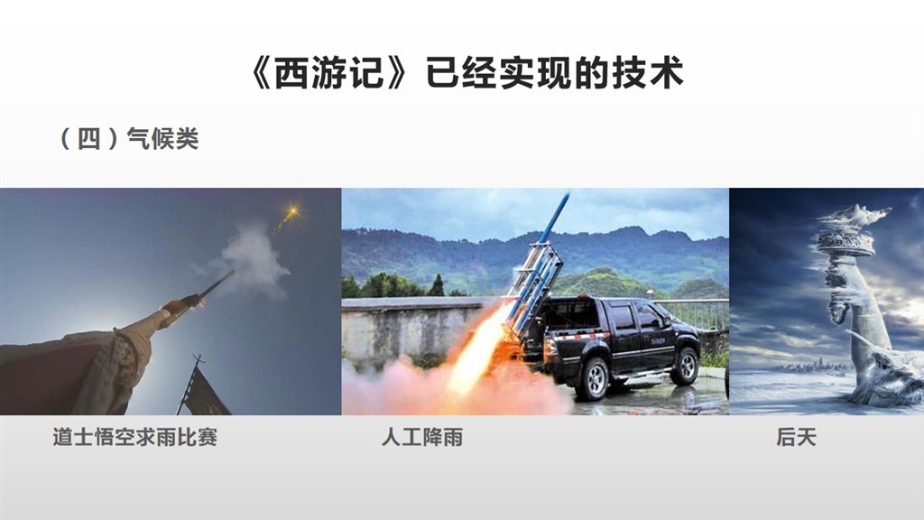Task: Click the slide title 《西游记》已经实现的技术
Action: (467, 73)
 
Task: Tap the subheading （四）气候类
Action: (129, 139)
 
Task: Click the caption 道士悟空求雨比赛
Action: (135, 437)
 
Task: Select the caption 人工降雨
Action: (422, 437)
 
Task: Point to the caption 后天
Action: (796, 437)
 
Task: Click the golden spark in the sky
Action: (291, 211)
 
